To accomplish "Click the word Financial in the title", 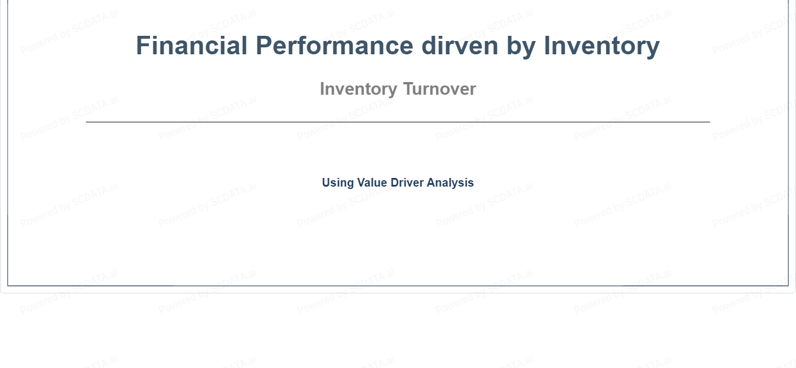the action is (192, 46).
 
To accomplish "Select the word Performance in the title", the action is (335, 46).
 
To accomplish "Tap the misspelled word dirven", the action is (460, 46).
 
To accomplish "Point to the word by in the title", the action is (521, 48).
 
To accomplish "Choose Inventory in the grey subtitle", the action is (359, 90).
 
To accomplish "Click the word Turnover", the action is (440, 88).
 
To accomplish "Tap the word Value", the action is (372, 182).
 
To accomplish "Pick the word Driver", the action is (407, 182).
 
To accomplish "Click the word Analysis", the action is (450, 183).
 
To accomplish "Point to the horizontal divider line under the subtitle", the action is (398, 122).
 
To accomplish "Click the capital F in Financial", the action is (142, 46).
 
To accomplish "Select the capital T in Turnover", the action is (410, 88).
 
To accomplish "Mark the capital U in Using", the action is (326, 182).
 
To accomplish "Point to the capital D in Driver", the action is (395, 182).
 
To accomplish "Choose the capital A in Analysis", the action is (431, 182).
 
